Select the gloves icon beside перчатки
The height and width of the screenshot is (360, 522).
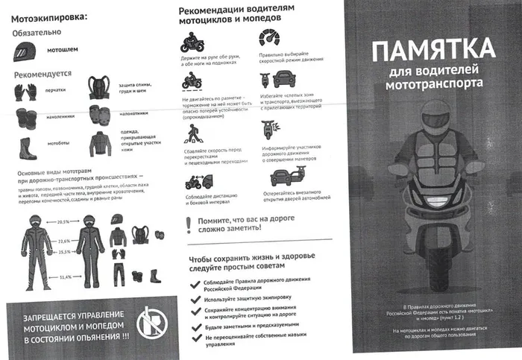(x=25, y=92)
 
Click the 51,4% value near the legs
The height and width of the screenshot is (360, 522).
(x=66, y=277)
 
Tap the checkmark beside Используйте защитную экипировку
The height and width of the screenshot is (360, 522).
(x=195, y=298)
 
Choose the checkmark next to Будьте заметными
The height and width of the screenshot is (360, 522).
(x=195, y=326)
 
